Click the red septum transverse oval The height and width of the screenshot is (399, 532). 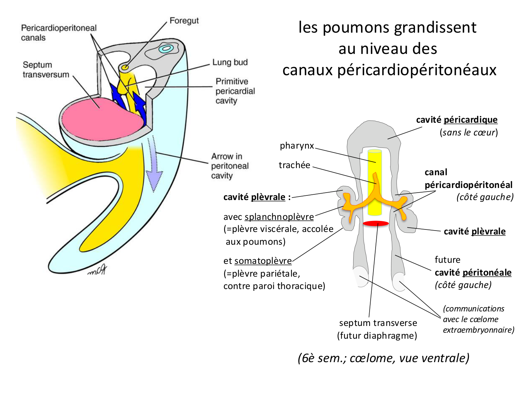tap(376, 223)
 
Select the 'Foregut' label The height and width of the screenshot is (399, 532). tap(184, 21)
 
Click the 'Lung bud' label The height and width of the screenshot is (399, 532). tap(230, 62)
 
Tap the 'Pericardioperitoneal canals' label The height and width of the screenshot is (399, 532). tap(59, 33)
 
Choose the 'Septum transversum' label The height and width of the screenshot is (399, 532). tap(46, 70)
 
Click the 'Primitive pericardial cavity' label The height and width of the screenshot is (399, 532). tap(235, 91)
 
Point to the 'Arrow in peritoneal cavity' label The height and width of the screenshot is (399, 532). tap(230, 166)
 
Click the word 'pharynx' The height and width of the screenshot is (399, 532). tap(297, 146)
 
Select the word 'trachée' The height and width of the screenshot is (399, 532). tap(294, 165)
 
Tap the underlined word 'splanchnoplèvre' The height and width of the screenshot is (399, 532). tap(279, 217)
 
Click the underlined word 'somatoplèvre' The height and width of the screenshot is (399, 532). tap(263, 261)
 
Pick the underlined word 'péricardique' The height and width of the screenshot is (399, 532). tap(470, 120)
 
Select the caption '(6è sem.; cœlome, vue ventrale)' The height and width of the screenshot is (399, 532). tap(383, 358)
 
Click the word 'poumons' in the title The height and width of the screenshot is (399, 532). tap(356, 28)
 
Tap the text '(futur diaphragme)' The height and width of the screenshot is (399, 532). tap(377, 336)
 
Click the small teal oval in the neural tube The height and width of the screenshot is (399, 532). tap(166, 49)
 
